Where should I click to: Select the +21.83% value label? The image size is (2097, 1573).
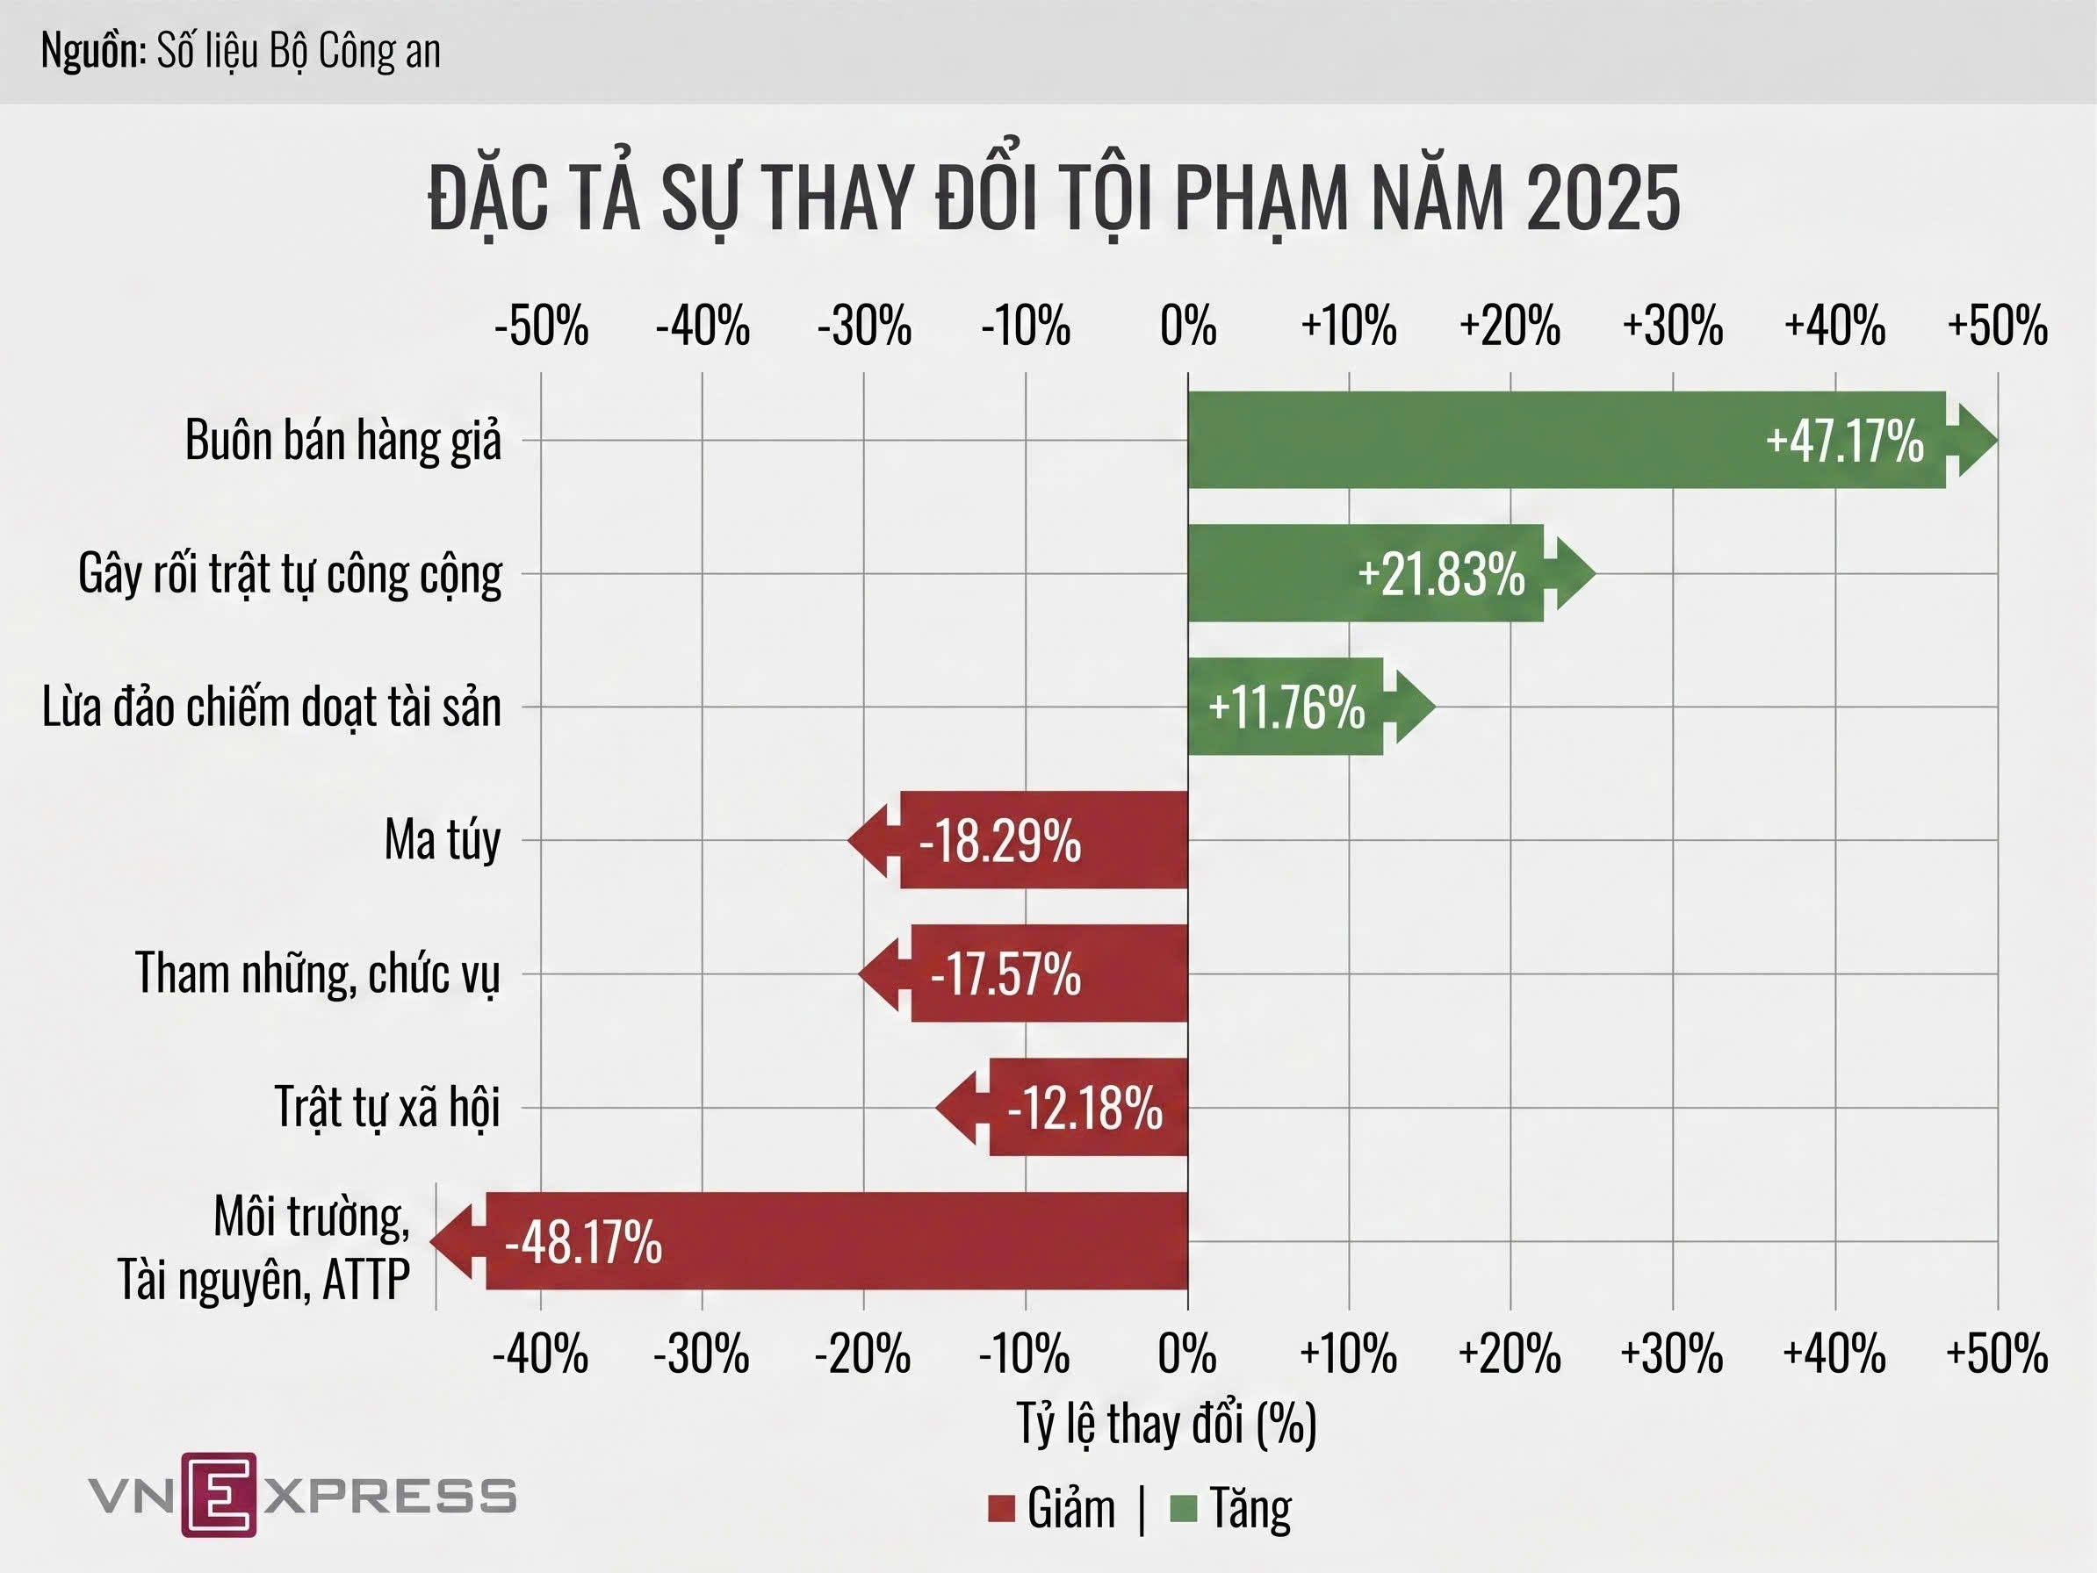pos(1441,574)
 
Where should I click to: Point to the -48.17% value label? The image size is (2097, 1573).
pos(583,1241)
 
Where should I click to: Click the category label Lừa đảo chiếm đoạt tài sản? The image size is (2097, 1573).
pos(271,707)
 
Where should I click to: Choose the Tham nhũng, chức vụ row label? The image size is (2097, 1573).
pos(317,974)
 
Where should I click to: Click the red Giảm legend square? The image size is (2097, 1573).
pos(1001,1509)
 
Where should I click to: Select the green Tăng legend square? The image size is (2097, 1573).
pos(1184,1509)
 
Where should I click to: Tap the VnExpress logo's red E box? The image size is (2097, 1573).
pos(219,1494)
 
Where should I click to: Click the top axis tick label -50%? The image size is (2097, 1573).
pos(541,326)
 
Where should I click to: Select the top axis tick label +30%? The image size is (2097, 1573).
pos(1672,326)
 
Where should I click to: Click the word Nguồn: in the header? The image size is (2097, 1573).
pos(93,51)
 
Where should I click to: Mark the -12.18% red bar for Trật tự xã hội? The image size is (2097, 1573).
pos(1091,1108)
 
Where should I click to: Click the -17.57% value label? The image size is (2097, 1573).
pos(1005,974)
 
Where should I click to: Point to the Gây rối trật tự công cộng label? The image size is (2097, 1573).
pos(290,574)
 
